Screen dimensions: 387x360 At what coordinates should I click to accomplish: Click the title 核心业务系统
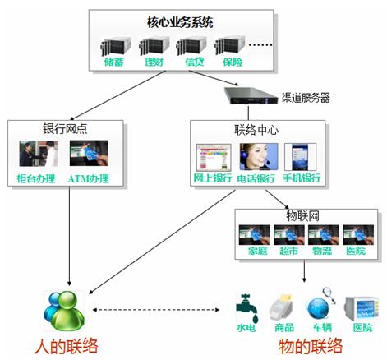tap(180, 22)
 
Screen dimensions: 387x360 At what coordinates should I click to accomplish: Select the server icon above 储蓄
tap(116, 46)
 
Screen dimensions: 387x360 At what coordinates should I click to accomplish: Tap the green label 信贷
tap(195, 62)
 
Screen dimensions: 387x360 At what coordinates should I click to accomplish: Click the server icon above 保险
tap(229, 46)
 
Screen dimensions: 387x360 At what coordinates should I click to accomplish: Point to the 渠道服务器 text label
tap(306, 98)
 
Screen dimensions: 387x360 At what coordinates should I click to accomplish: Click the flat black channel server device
tap(251, 95)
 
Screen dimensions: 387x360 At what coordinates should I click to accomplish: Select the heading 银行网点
tap(65, 128)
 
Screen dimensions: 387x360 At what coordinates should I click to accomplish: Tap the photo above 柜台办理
tap(39, 154)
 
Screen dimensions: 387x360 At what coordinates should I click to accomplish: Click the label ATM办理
tap(88, 178)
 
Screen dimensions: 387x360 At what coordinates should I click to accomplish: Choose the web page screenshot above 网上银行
tap(214, 158)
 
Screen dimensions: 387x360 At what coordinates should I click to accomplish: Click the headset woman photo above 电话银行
tap(259, 157)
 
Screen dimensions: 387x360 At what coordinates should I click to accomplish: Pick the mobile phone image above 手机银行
tap(300, 157)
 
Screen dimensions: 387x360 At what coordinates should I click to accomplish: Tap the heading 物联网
tap(302, 216)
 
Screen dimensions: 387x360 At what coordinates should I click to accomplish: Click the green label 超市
tap(288, 251)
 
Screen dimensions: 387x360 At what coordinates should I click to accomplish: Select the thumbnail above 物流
tap(323, 235)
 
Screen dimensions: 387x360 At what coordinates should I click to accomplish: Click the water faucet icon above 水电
tap(246, 308)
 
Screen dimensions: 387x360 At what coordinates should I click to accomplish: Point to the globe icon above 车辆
tap(319, 307)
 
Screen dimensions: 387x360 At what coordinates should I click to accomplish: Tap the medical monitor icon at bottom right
tap(362, 308)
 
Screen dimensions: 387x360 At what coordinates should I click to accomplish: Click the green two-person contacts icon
tap(65, 311)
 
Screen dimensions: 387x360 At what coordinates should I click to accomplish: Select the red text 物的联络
tap(311, 346)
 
